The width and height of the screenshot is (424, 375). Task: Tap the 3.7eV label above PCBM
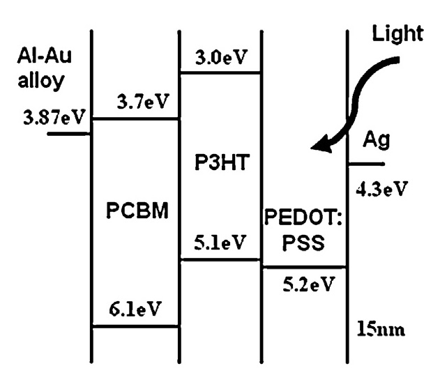142,104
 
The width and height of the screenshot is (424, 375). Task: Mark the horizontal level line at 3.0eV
221,72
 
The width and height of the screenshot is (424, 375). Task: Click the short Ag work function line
365,164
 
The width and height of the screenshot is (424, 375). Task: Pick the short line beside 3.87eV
69,132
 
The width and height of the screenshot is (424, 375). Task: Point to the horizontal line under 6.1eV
137,326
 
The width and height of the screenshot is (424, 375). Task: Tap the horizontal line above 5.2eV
305,266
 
